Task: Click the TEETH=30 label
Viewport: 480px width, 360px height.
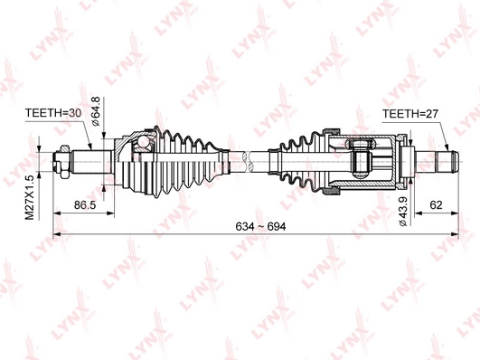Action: pyautogui.click(x=53, y=113)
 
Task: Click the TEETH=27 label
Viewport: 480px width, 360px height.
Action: pyautogui.click(x=410, y=114)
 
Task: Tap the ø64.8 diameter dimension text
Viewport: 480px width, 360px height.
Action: pyautogui.click(x=96, y=111)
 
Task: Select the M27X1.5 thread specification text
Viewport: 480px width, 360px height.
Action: pyautogui.click(x=30, y=197)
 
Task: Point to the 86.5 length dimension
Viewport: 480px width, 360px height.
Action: pyautogui.click(x=85, y=204)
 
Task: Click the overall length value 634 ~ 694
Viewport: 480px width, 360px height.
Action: pyautogui.click(x=260, y=227)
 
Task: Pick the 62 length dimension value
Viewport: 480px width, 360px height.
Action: pyautogui.click(x=437, y=204)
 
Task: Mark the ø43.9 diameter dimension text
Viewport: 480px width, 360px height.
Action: pyautogui.click(x=403, y=212)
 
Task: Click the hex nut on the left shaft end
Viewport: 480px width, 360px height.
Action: pyautogui.click(x=64, y=162)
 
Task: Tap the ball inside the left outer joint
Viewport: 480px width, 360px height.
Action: pyautogui.click(x=143, y=142)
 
